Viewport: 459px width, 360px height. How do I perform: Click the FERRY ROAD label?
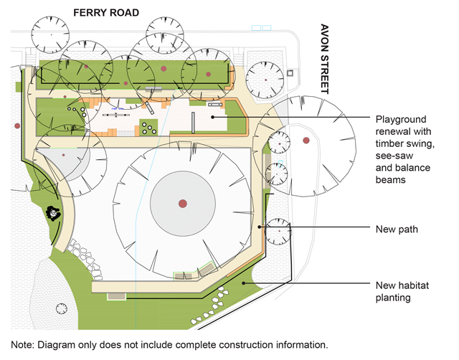(x=105, y=12)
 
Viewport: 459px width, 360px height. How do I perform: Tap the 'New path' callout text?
(x=397, y=229)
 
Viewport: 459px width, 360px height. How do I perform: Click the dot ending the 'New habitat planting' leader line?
(x=245, y=284)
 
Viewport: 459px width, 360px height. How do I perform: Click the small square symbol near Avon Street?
(x=290, y=73)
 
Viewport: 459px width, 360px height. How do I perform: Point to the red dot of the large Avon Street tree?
(x=306, y=140)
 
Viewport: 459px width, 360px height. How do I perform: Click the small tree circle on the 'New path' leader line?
(x=277, y=230)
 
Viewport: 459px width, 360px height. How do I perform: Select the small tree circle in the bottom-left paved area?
(x=62, y=310)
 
